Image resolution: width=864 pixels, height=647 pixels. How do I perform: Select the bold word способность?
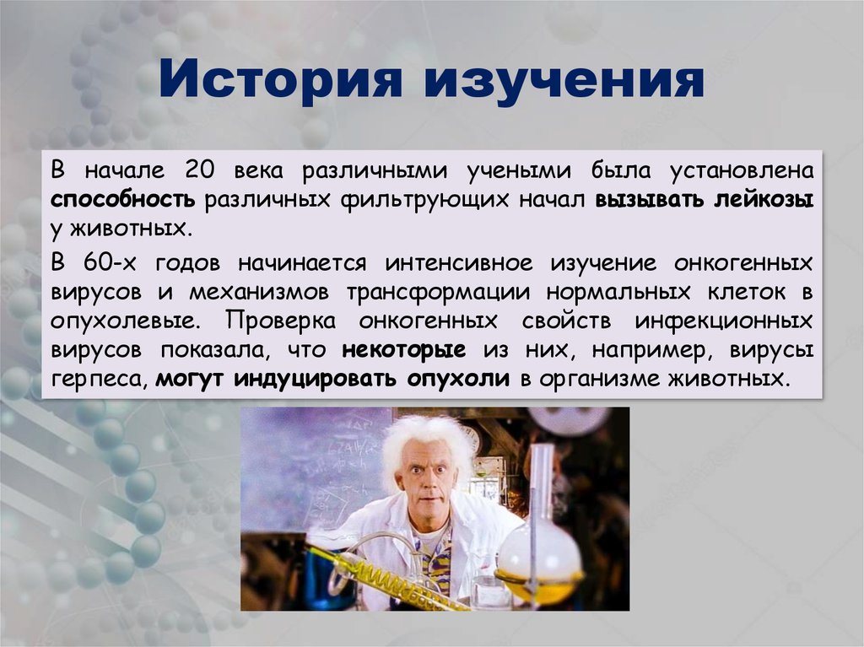tap(123, 200)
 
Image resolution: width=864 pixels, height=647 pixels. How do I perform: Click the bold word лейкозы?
tap(764, 200)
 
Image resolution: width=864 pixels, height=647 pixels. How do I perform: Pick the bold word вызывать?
tap(649, 200)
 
